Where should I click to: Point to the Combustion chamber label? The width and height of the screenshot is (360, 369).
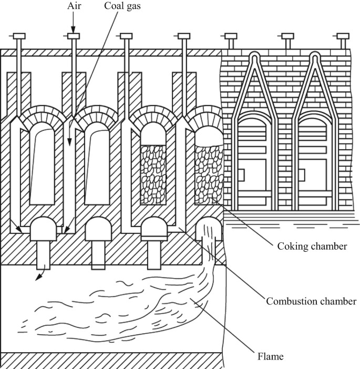311,301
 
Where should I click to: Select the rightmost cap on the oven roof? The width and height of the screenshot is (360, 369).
342,36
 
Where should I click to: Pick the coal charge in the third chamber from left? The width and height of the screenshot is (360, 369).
153,174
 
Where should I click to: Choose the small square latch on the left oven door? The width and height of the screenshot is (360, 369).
242,173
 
